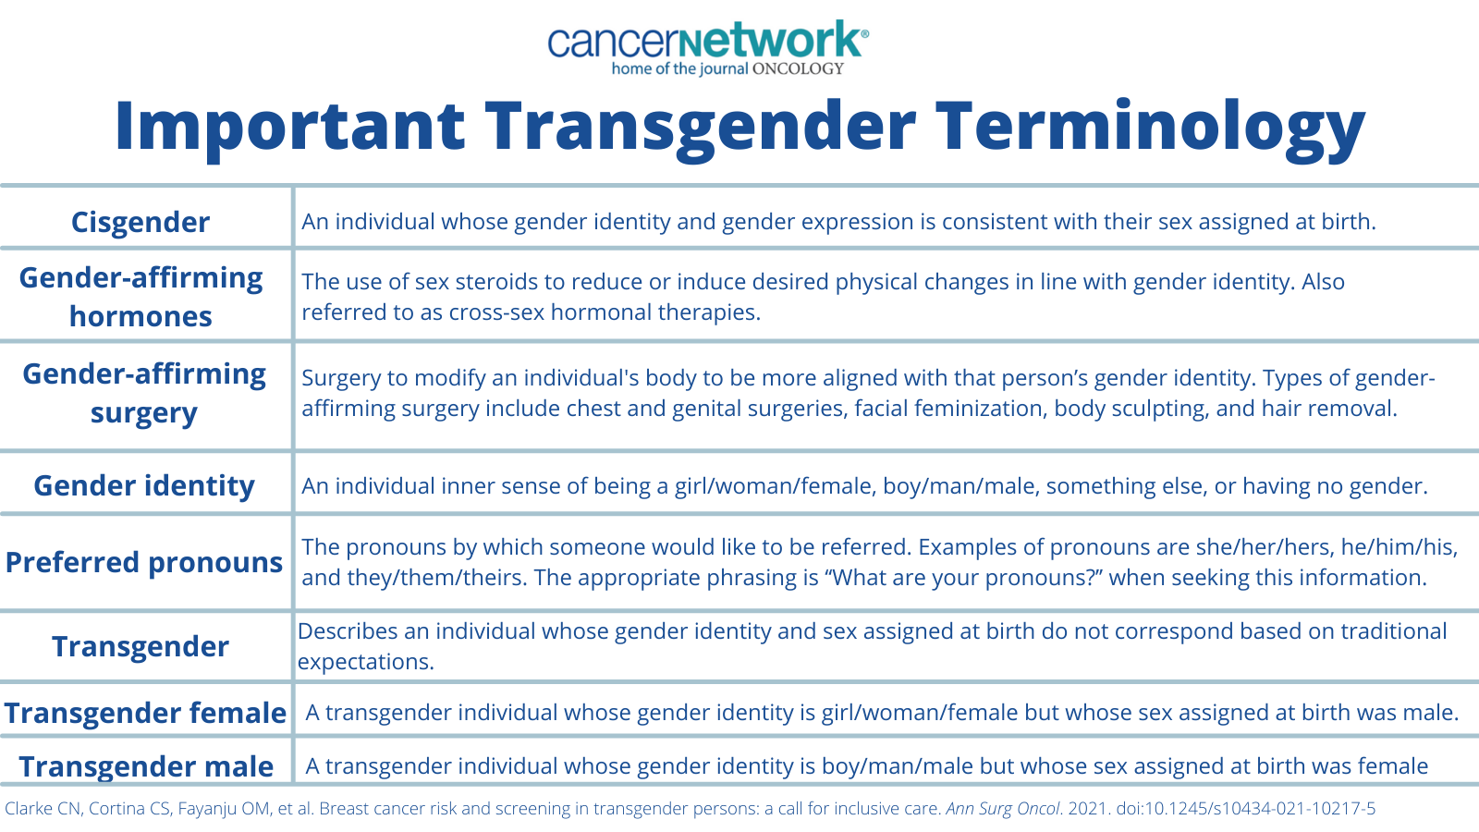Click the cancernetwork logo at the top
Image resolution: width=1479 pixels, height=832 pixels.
(x=708, y=47)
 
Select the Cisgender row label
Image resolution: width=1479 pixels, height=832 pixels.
(x=140, y=222)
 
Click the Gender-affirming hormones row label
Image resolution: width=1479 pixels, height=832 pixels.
(x=141, y=297)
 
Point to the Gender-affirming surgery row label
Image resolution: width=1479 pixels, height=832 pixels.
(x=144, y=394)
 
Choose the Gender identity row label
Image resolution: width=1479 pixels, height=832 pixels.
(x=144, y=486)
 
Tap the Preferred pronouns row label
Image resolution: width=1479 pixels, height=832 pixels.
(x=144, y=563)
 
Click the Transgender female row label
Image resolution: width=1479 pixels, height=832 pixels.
(x=145, y=713)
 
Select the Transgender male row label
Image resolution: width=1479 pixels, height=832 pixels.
(x=146, y=766)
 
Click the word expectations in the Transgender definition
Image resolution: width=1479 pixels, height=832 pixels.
(x=366, y=662)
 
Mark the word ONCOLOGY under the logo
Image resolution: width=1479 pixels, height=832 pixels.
(x=799, y=68)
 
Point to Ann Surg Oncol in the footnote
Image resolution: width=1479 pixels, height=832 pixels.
(x=1002, y=809)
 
